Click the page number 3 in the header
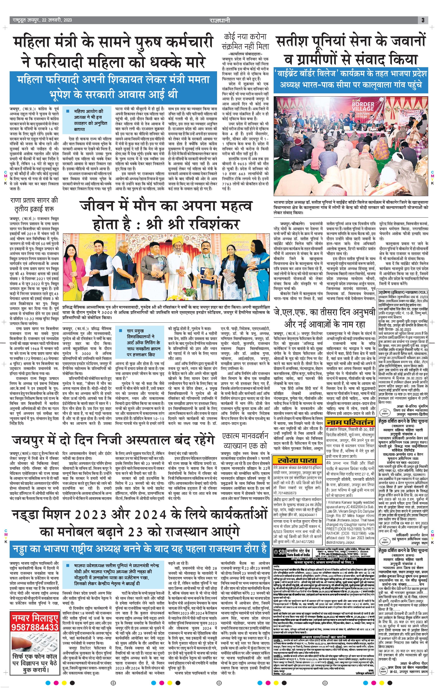tap(423, 20)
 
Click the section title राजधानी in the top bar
tap(220, 20)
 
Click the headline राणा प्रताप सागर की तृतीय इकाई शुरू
tap(34, 204)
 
